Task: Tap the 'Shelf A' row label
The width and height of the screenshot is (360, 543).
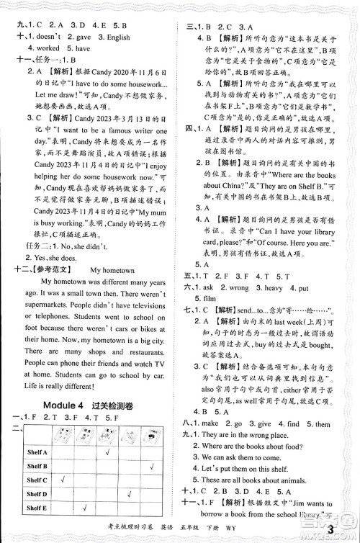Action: [37, 452]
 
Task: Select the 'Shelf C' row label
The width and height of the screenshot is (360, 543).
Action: [37, 480]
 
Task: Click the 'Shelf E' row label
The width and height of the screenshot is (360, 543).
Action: [37, 508]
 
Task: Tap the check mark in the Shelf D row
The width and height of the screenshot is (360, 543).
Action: [130, 493]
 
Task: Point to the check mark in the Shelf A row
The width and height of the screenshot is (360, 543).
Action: [107, 452]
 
